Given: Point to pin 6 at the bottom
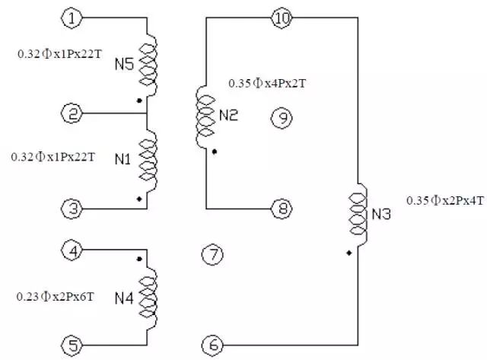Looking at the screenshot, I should coord(213,345).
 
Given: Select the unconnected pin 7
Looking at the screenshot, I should coord(213,255).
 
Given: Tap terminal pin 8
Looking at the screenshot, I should coord(282,208).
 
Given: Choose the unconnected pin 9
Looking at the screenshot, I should coord(282,117).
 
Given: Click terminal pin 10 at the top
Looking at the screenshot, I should coord(282,18).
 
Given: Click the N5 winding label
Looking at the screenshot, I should coord(124,65).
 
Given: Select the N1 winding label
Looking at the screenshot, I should coord(123,159).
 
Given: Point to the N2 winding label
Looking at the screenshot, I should coord(228,116).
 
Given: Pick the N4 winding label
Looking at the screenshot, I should coord(124,298).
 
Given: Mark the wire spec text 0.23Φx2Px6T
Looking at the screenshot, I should coord(56,295).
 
